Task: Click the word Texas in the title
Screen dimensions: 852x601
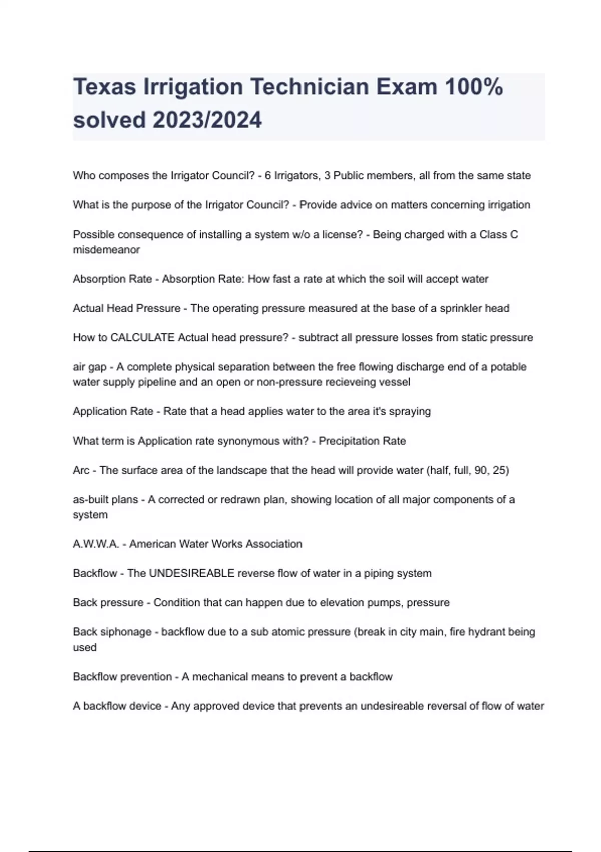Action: pyautogui.click(x=104, y=87)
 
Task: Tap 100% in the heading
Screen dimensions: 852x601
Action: pyautogui.click(x=473, y=87)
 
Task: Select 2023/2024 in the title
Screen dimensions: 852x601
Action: pyautogui.click(x=207, y=120)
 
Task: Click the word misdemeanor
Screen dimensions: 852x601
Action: pyautogui.click(x=106, y=250)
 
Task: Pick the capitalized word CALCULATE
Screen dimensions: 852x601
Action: pyautogui.click(x=142, y=338)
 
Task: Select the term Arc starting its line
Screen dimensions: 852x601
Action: pyautogui.click(x=81, y=470)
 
